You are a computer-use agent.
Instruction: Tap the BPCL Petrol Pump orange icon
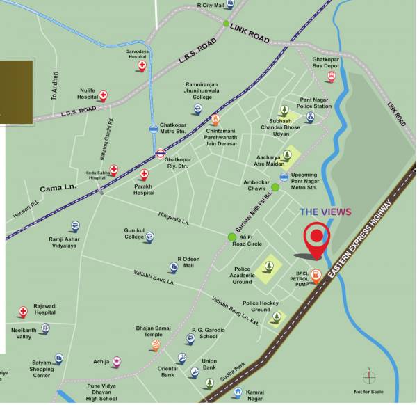(x=317, y=274)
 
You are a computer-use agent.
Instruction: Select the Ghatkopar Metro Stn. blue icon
(x=153, y=129)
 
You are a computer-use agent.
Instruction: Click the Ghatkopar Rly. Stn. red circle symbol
(x=161, y=153)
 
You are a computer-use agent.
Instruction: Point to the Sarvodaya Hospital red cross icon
(x=142, y=66)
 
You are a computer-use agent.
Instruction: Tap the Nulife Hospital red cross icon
(x=103, y=95)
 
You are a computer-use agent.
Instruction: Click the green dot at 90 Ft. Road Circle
(x=232, y=237)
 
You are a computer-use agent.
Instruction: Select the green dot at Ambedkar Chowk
(x=275, y=187)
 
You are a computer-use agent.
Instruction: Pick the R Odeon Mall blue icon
(x=173, y=267)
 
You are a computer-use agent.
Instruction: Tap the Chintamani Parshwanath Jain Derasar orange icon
(x=215, y=119)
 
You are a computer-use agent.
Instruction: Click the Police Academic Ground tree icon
(x=270, y=266)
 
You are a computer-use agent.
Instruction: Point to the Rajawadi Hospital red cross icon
(x=23, y=311)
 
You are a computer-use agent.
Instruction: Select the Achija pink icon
(x=117, y=361)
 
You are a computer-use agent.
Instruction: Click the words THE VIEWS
(x=325, y=212)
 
